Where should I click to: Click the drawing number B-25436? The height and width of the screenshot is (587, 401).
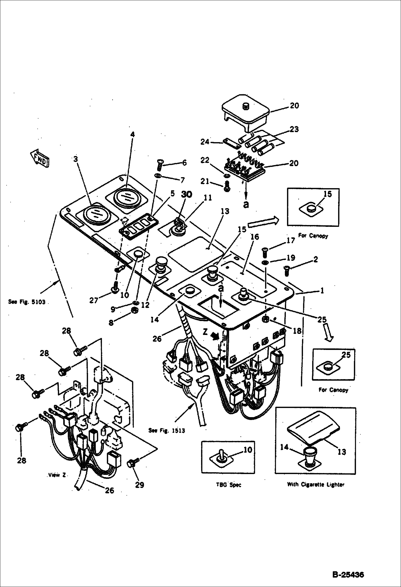pos(348,574)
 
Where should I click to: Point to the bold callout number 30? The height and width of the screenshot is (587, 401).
pos(186,195)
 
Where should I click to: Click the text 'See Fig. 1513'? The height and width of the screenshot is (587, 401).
pos(167,431)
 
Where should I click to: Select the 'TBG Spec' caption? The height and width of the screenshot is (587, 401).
pos(228,485)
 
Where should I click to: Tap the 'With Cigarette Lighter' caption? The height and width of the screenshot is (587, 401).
pos(316,485)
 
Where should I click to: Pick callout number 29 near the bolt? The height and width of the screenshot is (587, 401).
pos(139,485)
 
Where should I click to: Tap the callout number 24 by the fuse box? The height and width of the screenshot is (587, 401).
pos(205,142)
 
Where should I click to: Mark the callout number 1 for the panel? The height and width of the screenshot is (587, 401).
pos(322,291)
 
